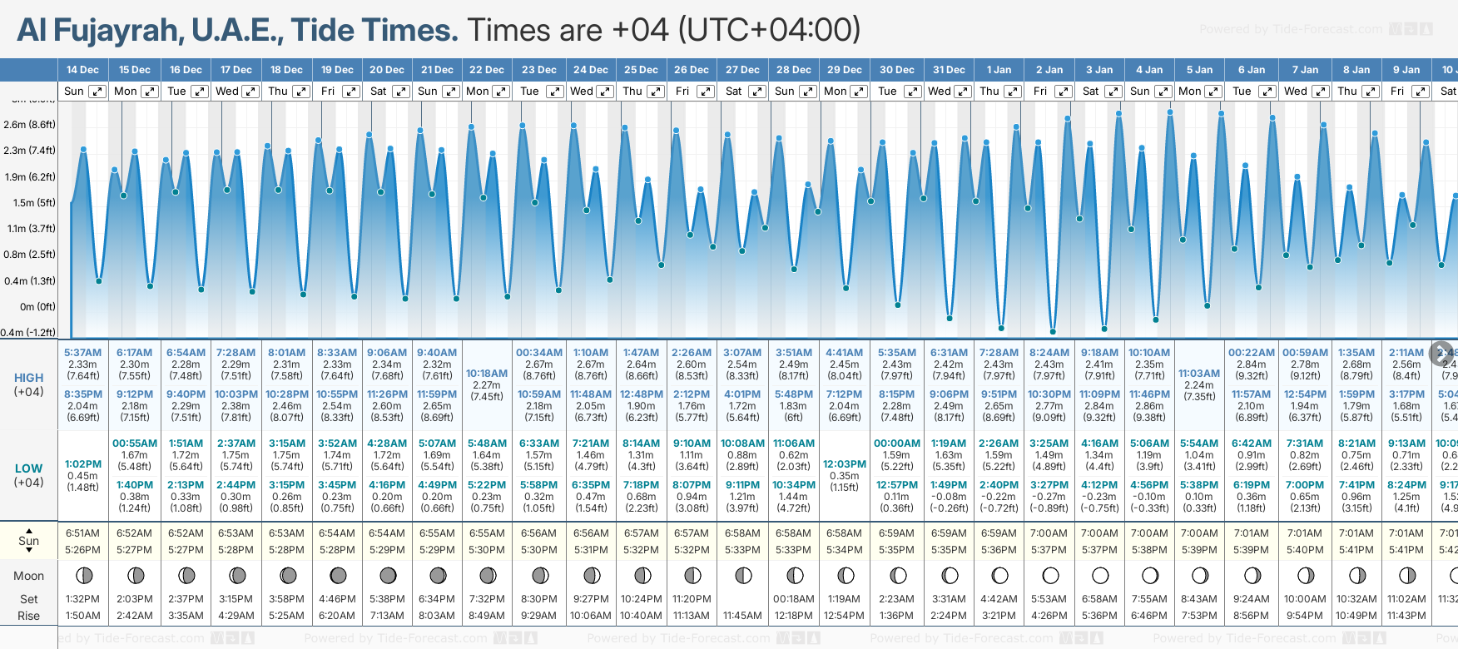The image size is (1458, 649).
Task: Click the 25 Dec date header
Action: (641, 70)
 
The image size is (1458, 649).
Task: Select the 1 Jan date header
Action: (999, 70)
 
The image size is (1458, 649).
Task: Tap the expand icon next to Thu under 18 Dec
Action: (301, 92)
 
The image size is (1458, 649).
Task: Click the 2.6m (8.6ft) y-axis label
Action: (29, 125)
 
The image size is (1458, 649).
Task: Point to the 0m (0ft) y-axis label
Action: (37, 306)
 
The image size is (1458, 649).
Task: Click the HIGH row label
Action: (29, 378)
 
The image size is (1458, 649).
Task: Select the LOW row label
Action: (29, 468)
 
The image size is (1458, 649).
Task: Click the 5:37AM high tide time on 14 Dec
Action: (82, 353)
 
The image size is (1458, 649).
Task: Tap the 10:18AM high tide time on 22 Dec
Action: (487, 374)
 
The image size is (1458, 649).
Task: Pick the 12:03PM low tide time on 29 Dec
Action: (845, 464)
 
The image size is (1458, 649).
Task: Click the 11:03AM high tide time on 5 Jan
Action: (1199, 374)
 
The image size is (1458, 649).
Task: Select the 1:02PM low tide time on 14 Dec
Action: (82, 464)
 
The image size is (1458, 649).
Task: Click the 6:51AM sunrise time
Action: (82, 533)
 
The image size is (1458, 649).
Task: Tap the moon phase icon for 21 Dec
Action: (438, 575)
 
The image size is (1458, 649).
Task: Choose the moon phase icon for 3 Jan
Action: (1100, 575)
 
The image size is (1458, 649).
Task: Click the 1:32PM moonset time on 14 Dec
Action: (82, 599)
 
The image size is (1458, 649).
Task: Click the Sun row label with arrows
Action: (29, 541)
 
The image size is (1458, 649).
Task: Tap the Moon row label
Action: (29, 576)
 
